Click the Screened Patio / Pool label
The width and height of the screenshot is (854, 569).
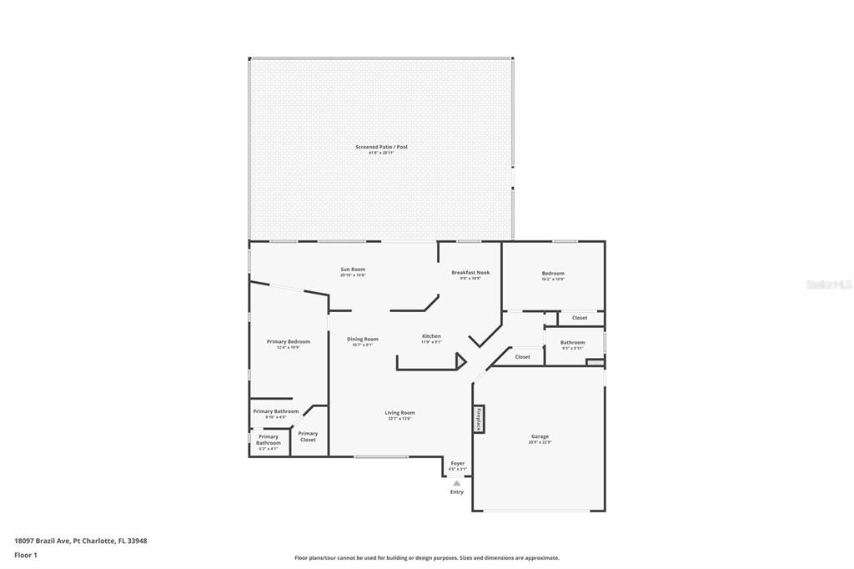(x=381, y=147)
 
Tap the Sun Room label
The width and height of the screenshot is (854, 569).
(x=353, y=269)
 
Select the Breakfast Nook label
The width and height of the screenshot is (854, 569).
(x=470, y=273)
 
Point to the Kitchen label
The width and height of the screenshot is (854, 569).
(x=431, y=336)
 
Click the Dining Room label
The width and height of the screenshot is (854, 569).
(x=363, y=340)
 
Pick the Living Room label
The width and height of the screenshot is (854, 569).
(x=399, y=413)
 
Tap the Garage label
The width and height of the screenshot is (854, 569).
(x=540, y=436)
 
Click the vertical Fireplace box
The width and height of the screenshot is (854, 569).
(x=479, y=419)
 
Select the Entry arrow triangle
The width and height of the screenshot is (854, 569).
(x=456, y=482)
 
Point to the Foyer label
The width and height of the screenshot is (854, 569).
(x=458, y=463)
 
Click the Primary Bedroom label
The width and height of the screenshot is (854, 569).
(x=289, y=342)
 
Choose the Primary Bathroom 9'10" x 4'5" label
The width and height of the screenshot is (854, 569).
(x=275, y=411)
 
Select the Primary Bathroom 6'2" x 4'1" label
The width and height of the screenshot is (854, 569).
(x=269, y=440)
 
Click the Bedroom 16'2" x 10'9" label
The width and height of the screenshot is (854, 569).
(x=553, y=274)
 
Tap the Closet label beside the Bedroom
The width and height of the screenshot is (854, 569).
(x=580, y=318)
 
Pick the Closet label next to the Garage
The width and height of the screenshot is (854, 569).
(x=523, y=357)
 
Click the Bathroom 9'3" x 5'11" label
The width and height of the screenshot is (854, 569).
(x=573, y=343)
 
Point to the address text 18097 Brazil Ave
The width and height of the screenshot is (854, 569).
(x=81, y=541)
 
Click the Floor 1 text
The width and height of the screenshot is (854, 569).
(x=26, y=555)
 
